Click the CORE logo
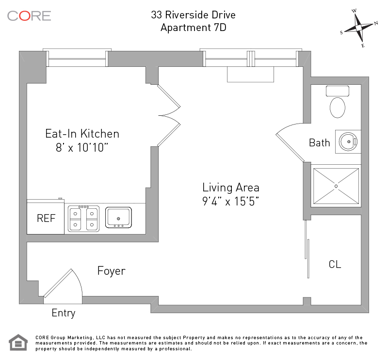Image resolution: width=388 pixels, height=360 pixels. click(29, 16)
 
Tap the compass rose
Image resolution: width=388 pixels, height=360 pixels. click(359, 28)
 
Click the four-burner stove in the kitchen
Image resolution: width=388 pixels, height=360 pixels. click(83, 219)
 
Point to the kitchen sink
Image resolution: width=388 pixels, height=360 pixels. click(118, 218)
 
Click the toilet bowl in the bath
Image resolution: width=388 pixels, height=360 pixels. click(338, 108)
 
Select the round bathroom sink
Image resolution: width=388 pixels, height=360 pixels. click(348, 141)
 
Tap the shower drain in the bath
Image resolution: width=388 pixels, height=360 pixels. click(336, 186)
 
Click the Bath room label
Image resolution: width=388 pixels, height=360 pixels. click(320, 143)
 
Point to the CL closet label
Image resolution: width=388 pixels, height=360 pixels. click(335, 265)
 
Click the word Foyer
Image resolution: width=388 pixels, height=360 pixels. click(112, 271)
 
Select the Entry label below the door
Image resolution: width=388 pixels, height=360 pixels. click(64, 313)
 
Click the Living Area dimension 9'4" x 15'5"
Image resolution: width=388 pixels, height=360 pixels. click(231, 202)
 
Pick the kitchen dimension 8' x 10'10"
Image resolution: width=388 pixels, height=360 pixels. click(82, 148)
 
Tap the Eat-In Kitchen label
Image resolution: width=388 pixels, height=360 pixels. click(82, 134)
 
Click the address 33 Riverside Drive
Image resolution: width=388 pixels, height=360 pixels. click(193, 15)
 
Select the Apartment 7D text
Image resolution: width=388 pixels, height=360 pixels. click(194, 28)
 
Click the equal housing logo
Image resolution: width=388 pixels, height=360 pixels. click(18, 343)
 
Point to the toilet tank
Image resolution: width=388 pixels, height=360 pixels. click(338, 91)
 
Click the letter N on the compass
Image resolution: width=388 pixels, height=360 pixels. click(376, 23)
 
